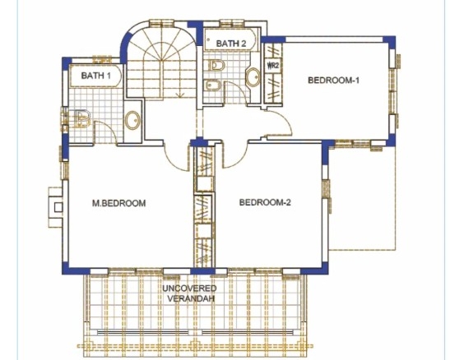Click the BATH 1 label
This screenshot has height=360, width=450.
pos(96,76)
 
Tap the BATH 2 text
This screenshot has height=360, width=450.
pos(231,44)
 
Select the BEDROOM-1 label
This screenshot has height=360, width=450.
pos(333,80)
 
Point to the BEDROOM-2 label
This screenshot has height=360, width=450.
pos(265,202)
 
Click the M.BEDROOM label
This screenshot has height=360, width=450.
pos(118,203)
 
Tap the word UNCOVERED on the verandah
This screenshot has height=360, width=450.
pos(190,288)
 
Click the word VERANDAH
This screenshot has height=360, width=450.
pos(191,298)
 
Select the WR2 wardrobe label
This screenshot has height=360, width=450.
pos(273,66)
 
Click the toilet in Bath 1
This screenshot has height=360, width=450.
pos(81,118)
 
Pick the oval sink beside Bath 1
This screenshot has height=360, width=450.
pos(132,120)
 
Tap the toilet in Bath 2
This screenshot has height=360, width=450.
pos(216,66)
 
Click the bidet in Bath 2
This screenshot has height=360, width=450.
pos(213,85)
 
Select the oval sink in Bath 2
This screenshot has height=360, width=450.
pos(253,76)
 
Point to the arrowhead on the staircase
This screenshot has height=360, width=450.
pos(180,95)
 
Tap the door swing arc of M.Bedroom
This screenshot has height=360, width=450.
pos(174,164)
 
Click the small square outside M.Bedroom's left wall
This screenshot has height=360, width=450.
pos(58,207)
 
